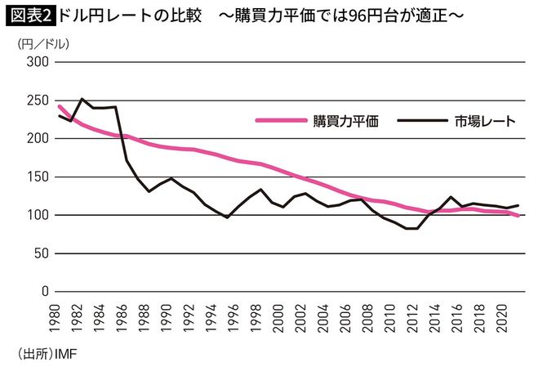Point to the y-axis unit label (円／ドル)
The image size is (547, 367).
tap(38, 44)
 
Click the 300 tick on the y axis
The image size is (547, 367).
tap(37, 62)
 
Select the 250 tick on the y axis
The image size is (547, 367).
tap(37, 101)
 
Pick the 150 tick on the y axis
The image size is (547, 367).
tap(37, 177)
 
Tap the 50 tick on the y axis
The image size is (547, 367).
tap(40, 253)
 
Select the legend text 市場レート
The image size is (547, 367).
tap(485, 121)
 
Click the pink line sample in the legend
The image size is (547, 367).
tap(281, 121)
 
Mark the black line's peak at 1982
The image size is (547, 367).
tap(81, 99)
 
